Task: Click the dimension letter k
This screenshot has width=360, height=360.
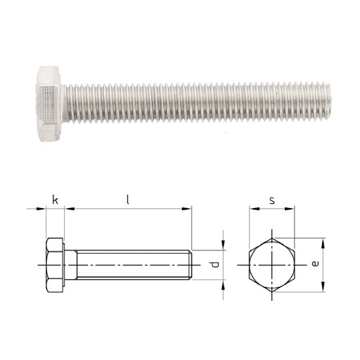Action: pos(55,200)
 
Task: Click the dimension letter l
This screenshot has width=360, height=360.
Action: pos(128,200)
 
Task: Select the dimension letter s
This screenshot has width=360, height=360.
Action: pos(272,200)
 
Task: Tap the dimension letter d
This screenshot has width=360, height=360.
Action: pos(214,264)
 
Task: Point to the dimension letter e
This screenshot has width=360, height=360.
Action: pos(315,264)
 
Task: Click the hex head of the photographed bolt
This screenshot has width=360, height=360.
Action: pos(49,104)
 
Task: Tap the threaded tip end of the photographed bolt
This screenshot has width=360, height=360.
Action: pos(328,103)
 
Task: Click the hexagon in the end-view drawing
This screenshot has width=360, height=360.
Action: pos(272,265)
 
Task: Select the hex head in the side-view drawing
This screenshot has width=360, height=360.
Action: pos(55,265)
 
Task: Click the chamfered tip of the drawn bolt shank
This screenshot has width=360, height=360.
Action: pos(191,265)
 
